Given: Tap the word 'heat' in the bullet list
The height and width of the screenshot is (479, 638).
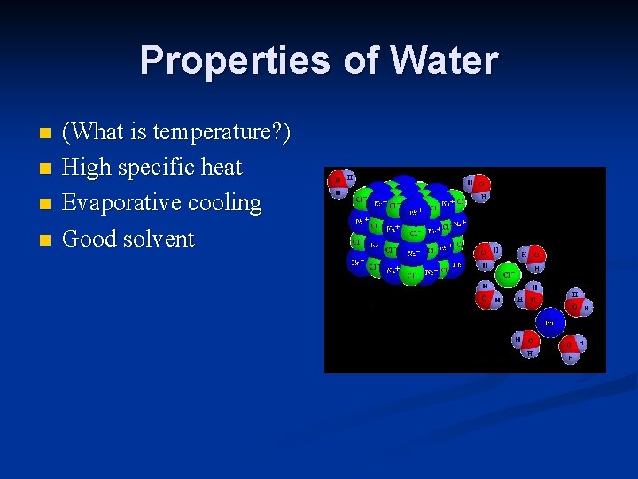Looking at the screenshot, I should [x=222, y=168].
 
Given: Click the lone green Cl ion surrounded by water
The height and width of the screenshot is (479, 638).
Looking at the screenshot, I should [x=508, y=274].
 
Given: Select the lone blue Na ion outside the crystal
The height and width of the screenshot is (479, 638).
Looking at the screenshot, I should [x=549, y=322].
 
